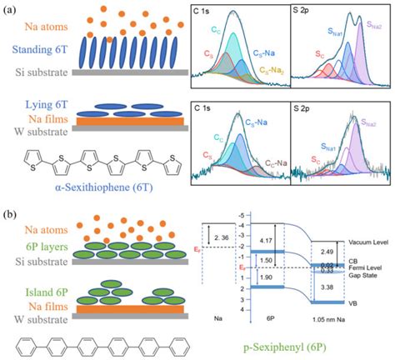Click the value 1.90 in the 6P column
(x=265, y=277)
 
